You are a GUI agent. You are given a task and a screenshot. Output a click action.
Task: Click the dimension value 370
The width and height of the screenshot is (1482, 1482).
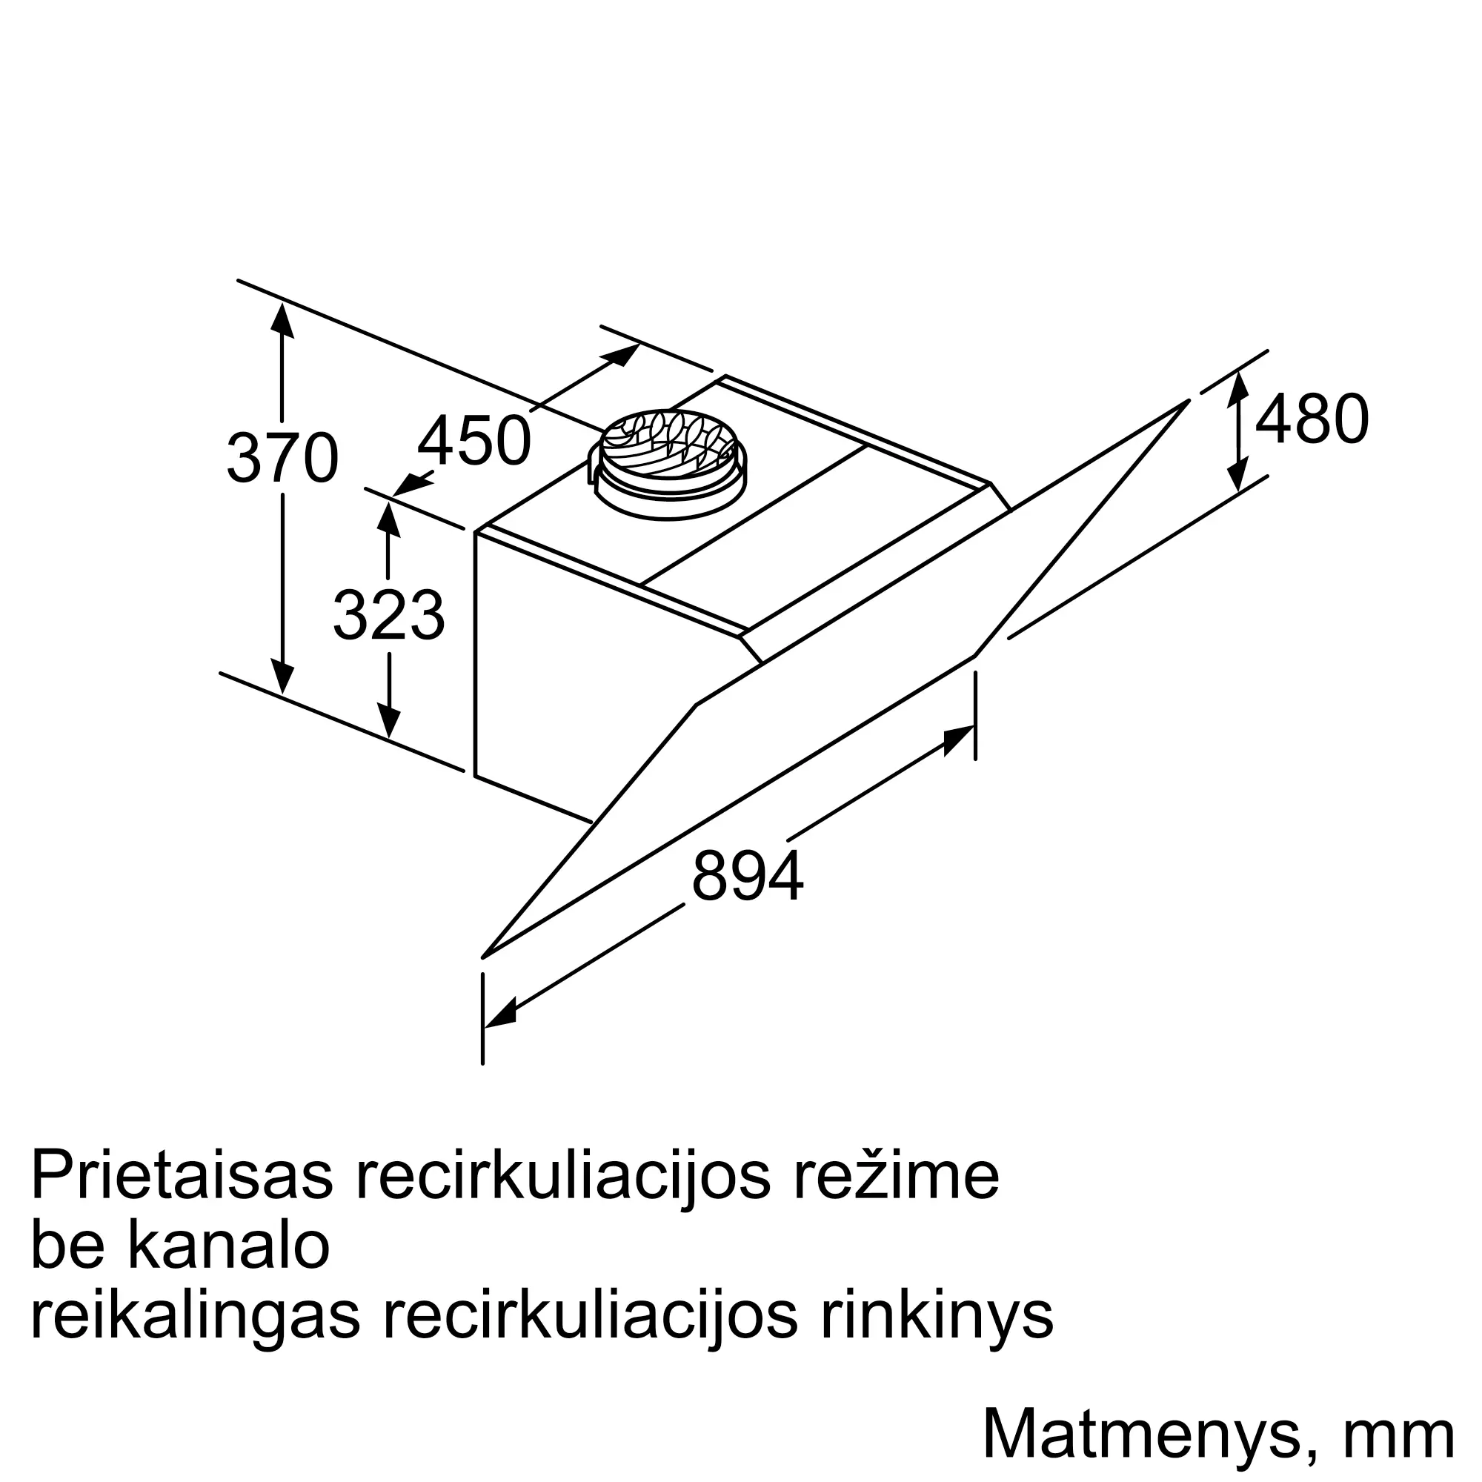pos(282,458)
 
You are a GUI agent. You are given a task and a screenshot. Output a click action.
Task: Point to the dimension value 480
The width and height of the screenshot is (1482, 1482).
pos(1312,419)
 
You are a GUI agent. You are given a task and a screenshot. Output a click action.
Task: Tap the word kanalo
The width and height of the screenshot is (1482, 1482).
pos(228,1247)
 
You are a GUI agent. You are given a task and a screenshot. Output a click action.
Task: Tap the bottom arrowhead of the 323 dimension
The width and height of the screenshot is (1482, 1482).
pos(389,722)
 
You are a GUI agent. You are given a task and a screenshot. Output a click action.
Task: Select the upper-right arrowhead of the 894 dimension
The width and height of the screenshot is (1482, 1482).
pos(959,739)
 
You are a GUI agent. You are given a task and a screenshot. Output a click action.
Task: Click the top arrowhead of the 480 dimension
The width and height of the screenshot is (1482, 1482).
pos(1237,388)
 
